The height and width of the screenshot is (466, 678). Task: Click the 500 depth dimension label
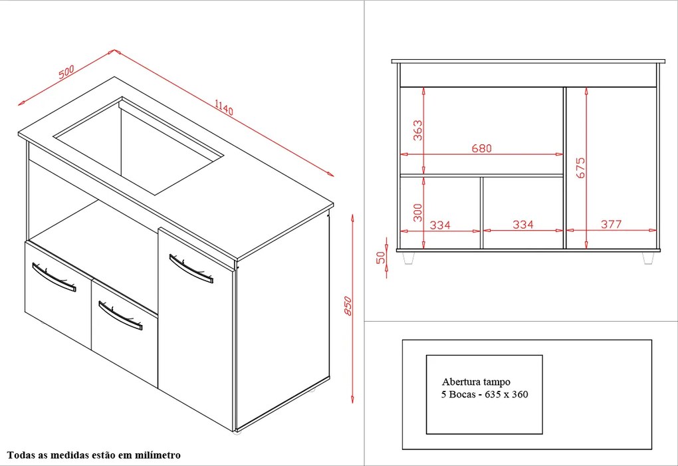[66, 71]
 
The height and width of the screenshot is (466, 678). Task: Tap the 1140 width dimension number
[224, 107]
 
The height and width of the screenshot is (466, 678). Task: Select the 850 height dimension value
[348, 306]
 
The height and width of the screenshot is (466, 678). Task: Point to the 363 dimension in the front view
[417, 130]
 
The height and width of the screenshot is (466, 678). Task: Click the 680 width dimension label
[482, 148]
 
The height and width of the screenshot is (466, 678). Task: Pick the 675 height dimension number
[580, 168]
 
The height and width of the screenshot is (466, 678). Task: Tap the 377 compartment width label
[612, 224]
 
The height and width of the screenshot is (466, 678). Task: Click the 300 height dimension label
[417, 213]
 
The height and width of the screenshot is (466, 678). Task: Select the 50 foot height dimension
[380, 258]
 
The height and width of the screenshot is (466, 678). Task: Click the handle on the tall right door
[191, 269]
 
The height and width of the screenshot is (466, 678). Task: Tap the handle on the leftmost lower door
[54, 277]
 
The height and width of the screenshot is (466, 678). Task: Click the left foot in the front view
[408, 258]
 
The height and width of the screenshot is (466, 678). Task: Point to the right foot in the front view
[647, 258]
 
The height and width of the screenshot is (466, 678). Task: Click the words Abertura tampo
[476, 382]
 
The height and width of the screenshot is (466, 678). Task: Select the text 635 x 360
[507, 394]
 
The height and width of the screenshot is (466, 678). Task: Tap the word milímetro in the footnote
[158, 455]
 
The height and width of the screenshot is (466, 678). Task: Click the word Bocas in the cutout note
[462, 394]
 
